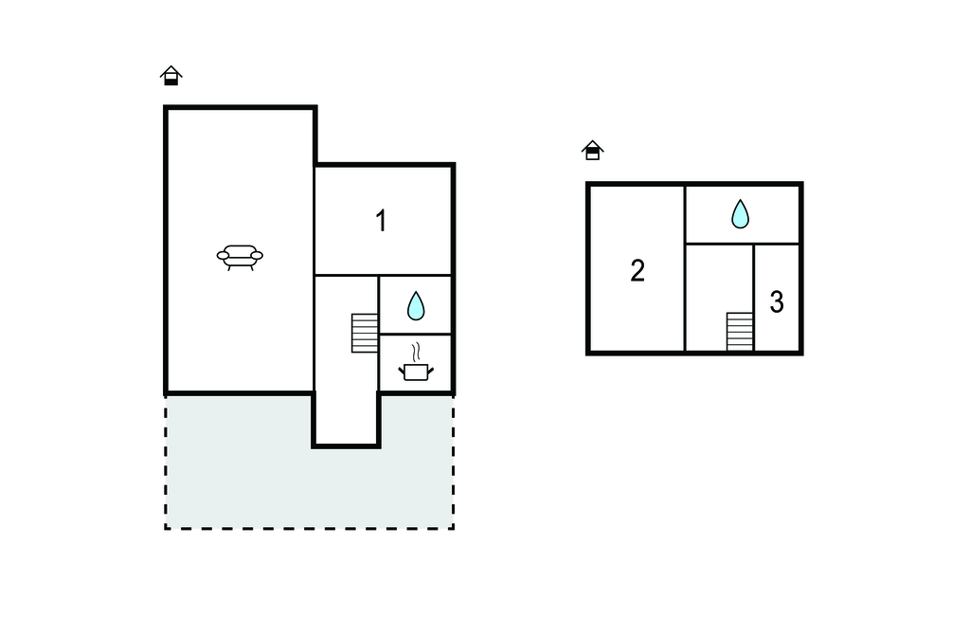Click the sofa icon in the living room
pyautogui.click(x=240, y=257)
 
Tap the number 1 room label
pyautogui.click(x=382, y=221)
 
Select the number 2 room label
pyautogui.click(x=638, y=270)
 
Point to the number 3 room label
pyautogui.click(x=777, y=301)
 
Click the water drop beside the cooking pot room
pyautogui.click(x=416, y=306)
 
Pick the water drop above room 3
pyautogui.click(x=740, y=213)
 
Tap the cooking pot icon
pyautogui.click(x=416, y=372)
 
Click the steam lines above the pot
pyautogui.click(x=417, y=351)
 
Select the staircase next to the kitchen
pyautogui.click(x=365, y=333)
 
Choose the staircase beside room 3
pyautogui.click(x=740, y=332)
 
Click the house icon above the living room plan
pyautogui.click(x=171, y=76)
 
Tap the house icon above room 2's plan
pyautogui.click(x=592, y=150)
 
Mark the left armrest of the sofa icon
pyautogui.click(x=223, y=255)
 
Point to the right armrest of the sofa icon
pyautogui.click(x=257, y=255)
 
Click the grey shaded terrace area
pyautogui.click(x=247, y=471)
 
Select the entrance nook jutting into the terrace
pyautogui.click(x=346, y=419)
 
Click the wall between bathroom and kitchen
pyautogui.click(x=415, y=335)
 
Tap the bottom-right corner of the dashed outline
pyautogui.click(x=454, y=528)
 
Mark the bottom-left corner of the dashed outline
pyautogui.click(x=166, y=528)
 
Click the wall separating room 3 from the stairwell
pyautogui.click(x=754, y=298)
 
